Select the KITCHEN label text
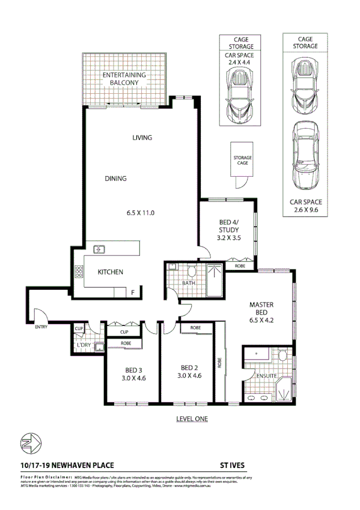pos(111,272)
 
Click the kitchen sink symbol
pos(99,248)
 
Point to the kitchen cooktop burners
pos(78,272)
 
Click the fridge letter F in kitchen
pos(133,292)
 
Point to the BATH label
pos(189,283)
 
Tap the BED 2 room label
pos(189,367)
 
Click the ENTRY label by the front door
pos(41,327)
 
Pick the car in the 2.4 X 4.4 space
pos(239,93)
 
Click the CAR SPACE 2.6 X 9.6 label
pos(307,206)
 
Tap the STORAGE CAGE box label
pos(242,160)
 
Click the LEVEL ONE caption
pos(192,419)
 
